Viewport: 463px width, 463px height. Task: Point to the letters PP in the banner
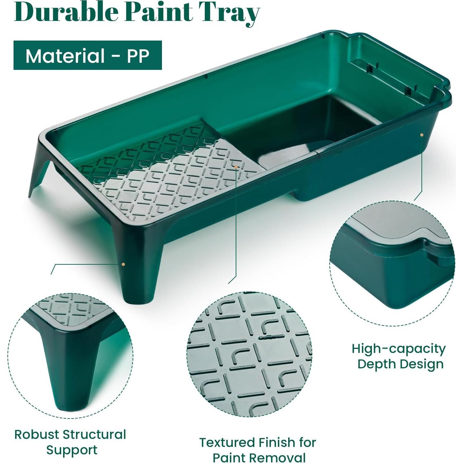pyautogui.click(x=138, y=56)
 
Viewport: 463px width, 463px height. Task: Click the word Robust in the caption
pyautogui.click(x=37, y=434)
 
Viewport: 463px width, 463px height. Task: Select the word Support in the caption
pyautogui.click(x=71, y=450)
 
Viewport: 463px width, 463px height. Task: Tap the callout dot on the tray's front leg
pyautogui.click(x=123, y=264)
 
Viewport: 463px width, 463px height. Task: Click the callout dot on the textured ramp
pyautogui.click(x=236, y=167)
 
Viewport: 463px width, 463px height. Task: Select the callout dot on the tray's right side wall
pyautogui.click(x=421, y=135)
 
